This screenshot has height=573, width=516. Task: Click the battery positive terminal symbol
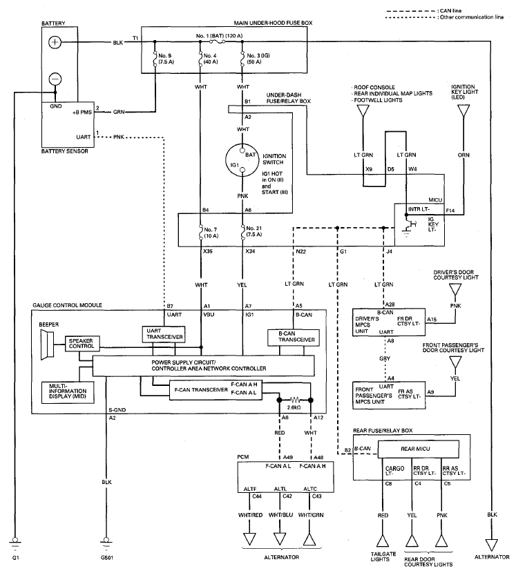[55, 42]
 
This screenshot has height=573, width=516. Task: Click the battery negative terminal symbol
[55, 79]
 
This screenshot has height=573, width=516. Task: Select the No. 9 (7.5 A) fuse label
[166, 59]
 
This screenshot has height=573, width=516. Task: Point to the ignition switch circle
[242, 160]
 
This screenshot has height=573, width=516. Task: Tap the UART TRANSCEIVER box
[164, 334]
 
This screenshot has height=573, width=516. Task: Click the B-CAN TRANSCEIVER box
[294, 338]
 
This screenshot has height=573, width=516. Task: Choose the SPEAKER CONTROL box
[82, 344]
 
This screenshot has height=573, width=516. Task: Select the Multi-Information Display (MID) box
[68, 393]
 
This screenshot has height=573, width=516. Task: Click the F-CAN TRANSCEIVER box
[216, 390]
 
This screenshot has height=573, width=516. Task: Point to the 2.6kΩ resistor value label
[294, 407]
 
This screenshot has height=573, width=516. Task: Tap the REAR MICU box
[418, 449]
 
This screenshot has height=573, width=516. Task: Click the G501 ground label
[107, 558]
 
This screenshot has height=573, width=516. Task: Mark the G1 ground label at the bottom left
[15, 558]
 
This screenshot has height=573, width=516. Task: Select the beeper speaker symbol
[47, 344]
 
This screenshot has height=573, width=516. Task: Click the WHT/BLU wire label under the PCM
[280, 515]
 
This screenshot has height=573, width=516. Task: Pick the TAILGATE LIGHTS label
[383, 556]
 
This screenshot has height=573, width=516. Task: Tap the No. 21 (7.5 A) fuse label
[254, 231]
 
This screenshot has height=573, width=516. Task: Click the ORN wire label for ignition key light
[464, 155]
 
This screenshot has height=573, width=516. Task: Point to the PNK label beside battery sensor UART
[119, 137]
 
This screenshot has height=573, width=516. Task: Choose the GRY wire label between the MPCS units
[385, 359]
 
